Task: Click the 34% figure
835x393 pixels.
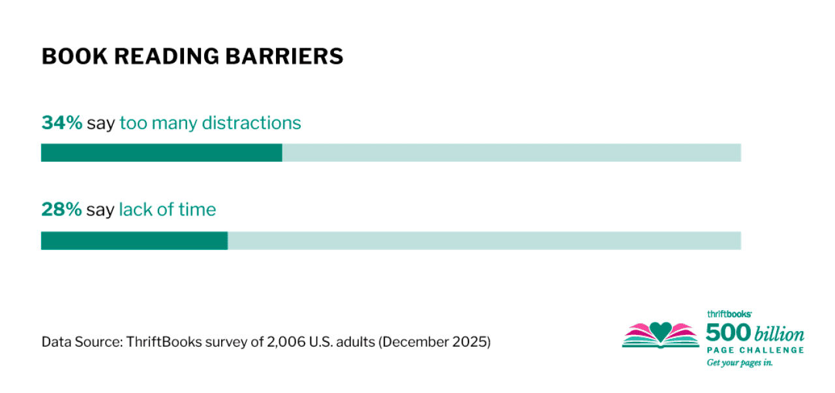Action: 61,123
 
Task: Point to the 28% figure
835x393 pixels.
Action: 61,210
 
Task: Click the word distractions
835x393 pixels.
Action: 251,123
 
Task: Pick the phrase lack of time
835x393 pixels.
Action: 167,210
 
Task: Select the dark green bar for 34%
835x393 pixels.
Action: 161,153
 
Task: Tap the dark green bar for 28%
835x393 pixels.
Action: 134,240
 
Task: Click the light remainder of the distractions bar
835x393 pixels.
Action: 511,153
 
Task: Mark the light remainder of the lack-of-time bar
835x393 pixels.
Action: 484,240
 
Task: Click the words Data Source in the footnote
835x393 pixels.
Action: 81,341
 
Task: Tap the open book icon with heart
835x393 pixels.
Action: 660,335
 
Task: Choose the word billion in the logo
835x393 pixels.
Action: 780,335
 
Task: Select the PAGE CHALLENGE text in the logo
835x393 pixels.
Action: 755,351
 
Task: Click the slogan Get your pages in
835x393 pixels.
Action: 740,363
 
